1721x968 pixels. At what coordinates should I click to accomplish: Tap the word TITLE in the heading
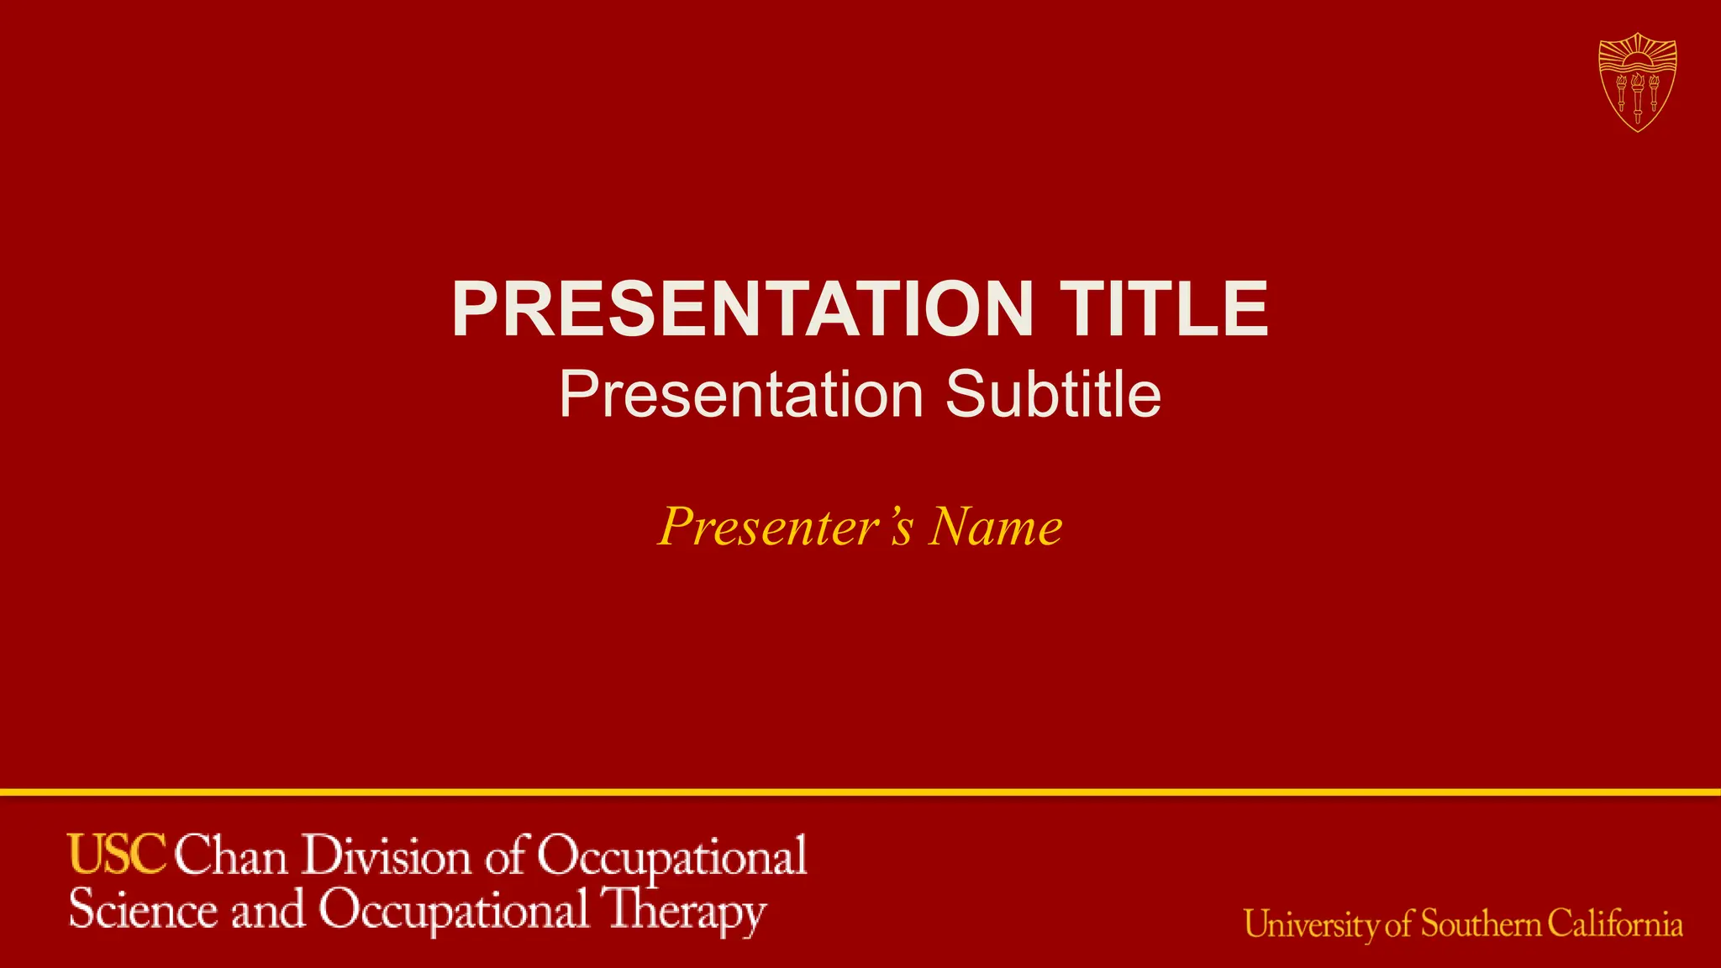1163,309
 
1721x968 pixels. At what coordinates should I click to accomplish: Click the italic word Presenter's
785,527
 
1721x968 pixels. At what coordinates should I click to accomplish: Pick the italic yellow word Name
995,527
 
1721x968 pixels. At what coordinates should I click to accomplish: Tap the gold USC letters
118,855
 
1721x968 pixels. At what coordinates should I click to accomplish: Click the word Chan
231,856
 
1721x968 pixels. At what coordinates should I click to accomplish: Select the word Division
387,856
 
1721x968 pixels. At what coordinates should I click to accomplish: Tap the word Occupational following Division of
672,858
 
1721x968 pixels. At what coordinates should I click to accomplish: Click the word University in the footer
1312,925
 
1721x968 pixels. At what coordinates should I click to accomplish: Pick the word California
1615,924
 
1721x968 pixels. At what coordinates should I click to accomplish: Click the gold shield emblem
1637,82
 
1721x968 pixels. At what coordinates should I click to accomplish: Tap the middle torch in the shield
1637,96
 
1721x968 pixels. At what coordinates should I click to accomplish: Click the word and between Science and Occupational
268,911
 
